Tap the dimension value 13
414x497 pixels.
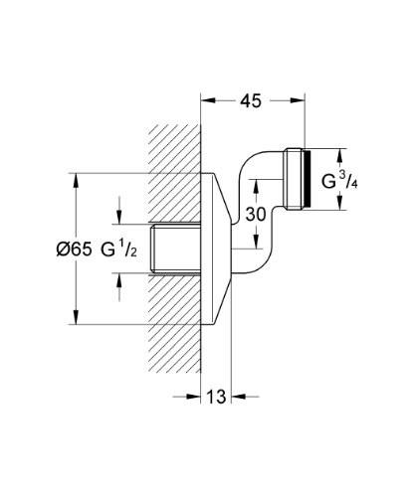click(216, 396)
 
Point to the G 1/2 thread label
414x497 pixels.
click(122, 249)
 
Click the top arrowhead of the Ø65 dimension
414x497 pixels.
click(77, 178)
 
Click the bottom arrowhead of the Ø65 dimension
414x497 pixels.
click(77, 318)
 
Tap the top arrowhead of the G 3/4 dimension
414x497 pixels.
click(338, 154)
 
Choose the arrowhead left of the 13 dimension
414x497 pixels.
click(194, 396)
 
